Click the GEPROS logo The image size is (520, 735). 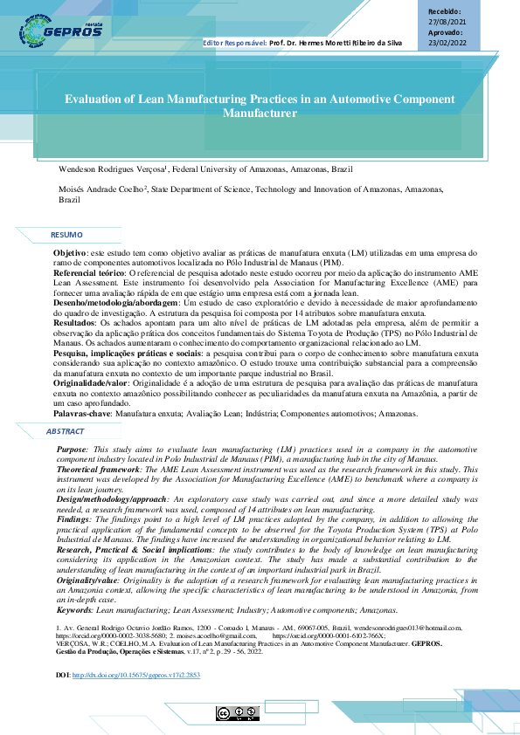(x=60, y=31)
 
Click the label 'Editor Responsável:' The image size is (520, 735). (x=234, y=42)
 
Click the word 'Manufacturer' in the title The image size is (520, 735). (x=260, y=113)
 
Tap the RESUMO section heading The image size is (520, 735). (x=66, y=235)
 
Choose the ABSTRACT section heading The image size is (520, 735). (x=65, y=431)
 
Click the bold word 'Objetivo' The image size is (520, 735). (x=70, y=251)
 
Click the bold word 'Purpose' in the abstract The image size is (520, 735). (x=73, y=448)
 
